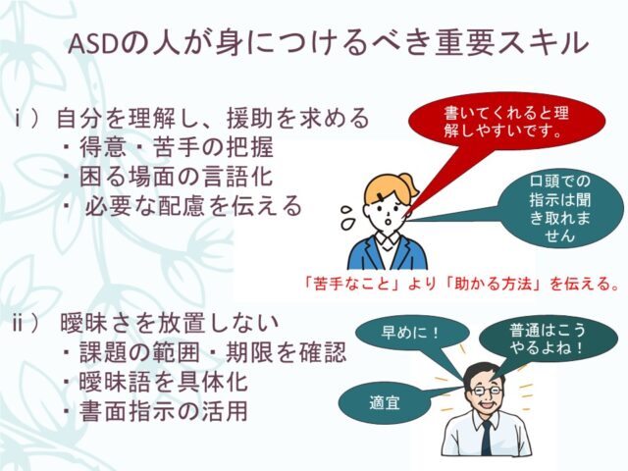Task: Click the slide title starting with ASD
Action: pos(330,43)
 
